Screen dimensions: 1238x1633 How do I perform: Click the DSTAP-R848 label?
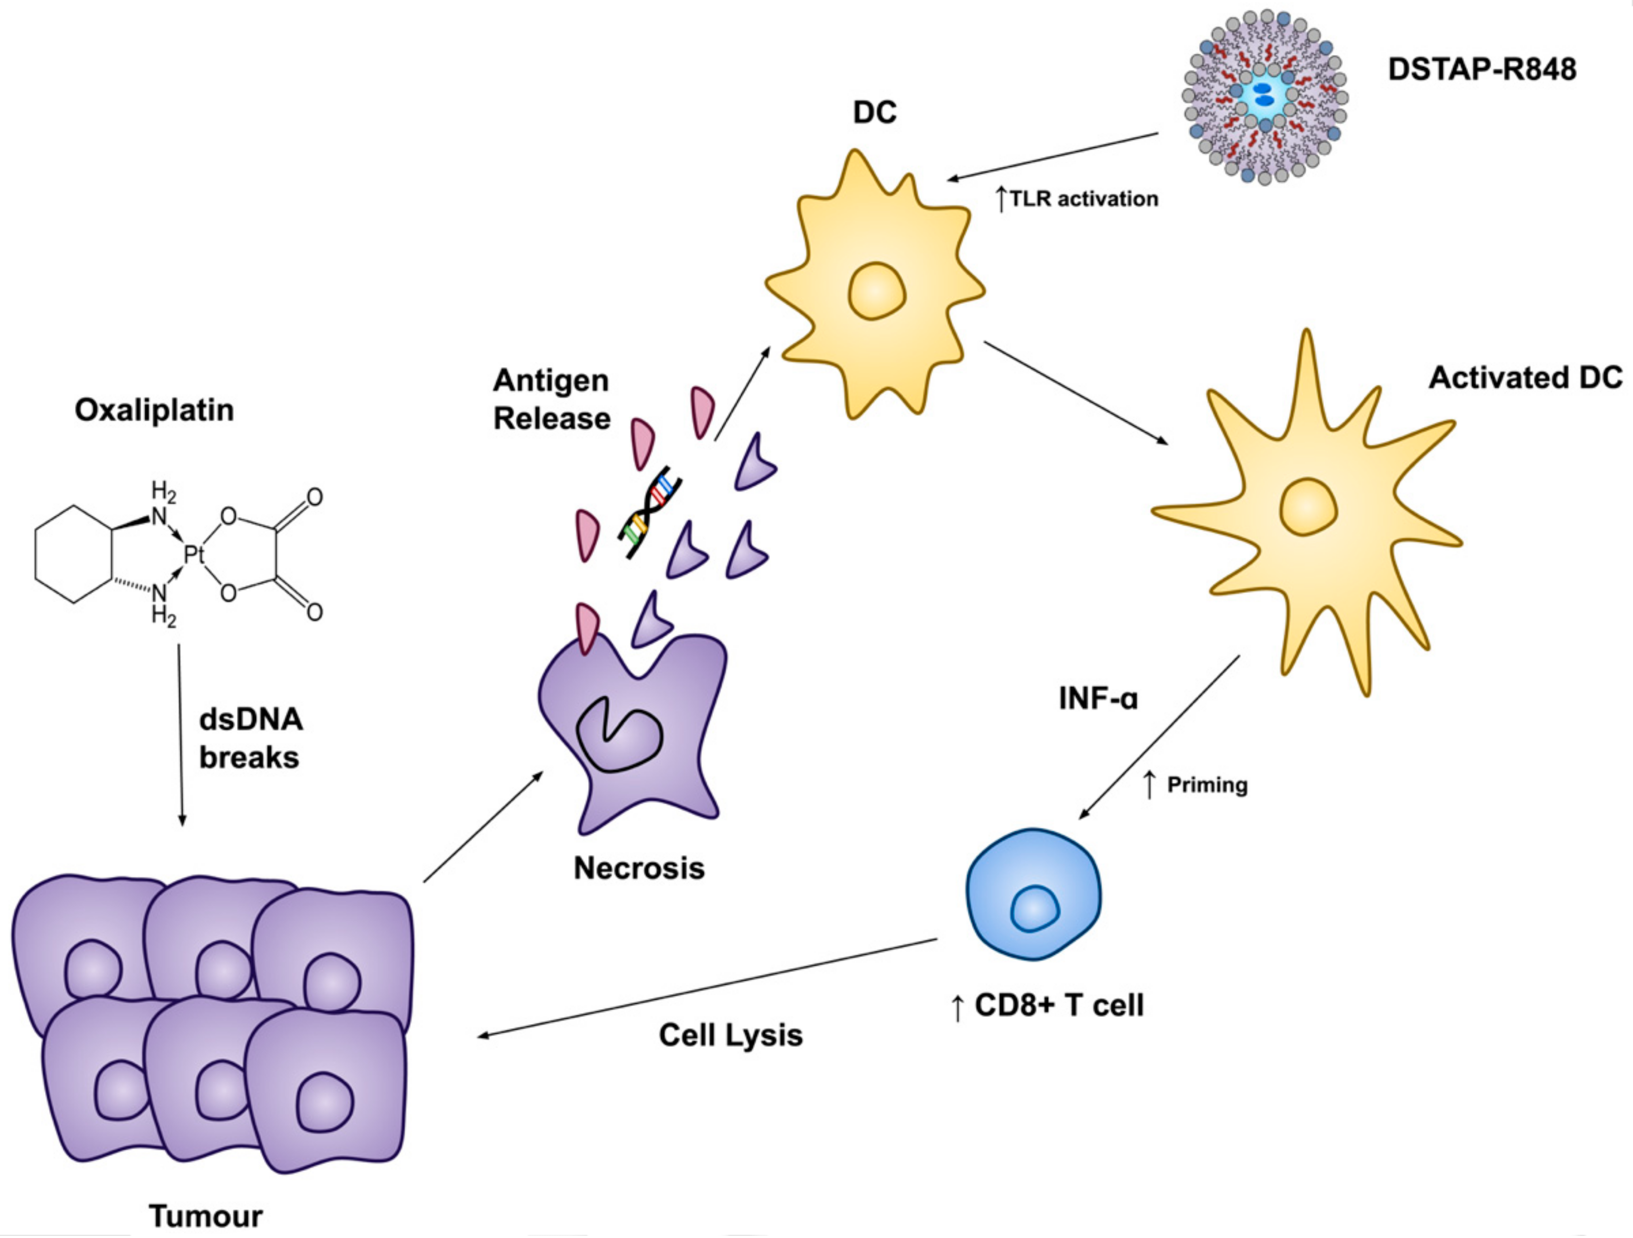1482,70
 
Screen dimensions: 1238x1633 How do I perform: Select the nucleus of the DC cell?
876,291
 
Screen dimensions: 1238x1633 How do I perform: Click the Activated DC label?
1525,378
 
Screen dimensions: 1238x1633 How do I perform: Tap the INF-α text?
1099,698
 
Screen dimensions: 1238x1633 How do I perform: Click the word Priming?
1207,785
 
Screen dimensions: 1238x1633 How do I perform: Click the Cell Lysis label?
730,1035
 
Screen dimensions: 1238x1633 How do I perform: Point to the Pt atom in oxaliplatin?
193,554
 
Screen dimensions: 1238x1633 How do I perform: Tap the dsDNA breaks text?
250,738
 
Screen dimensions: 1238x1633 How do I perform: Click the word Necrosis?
639,868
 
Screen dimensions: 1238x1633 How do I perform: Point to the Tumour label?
206,1215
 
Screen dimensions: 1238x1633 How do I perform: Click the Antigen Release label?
552,399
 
